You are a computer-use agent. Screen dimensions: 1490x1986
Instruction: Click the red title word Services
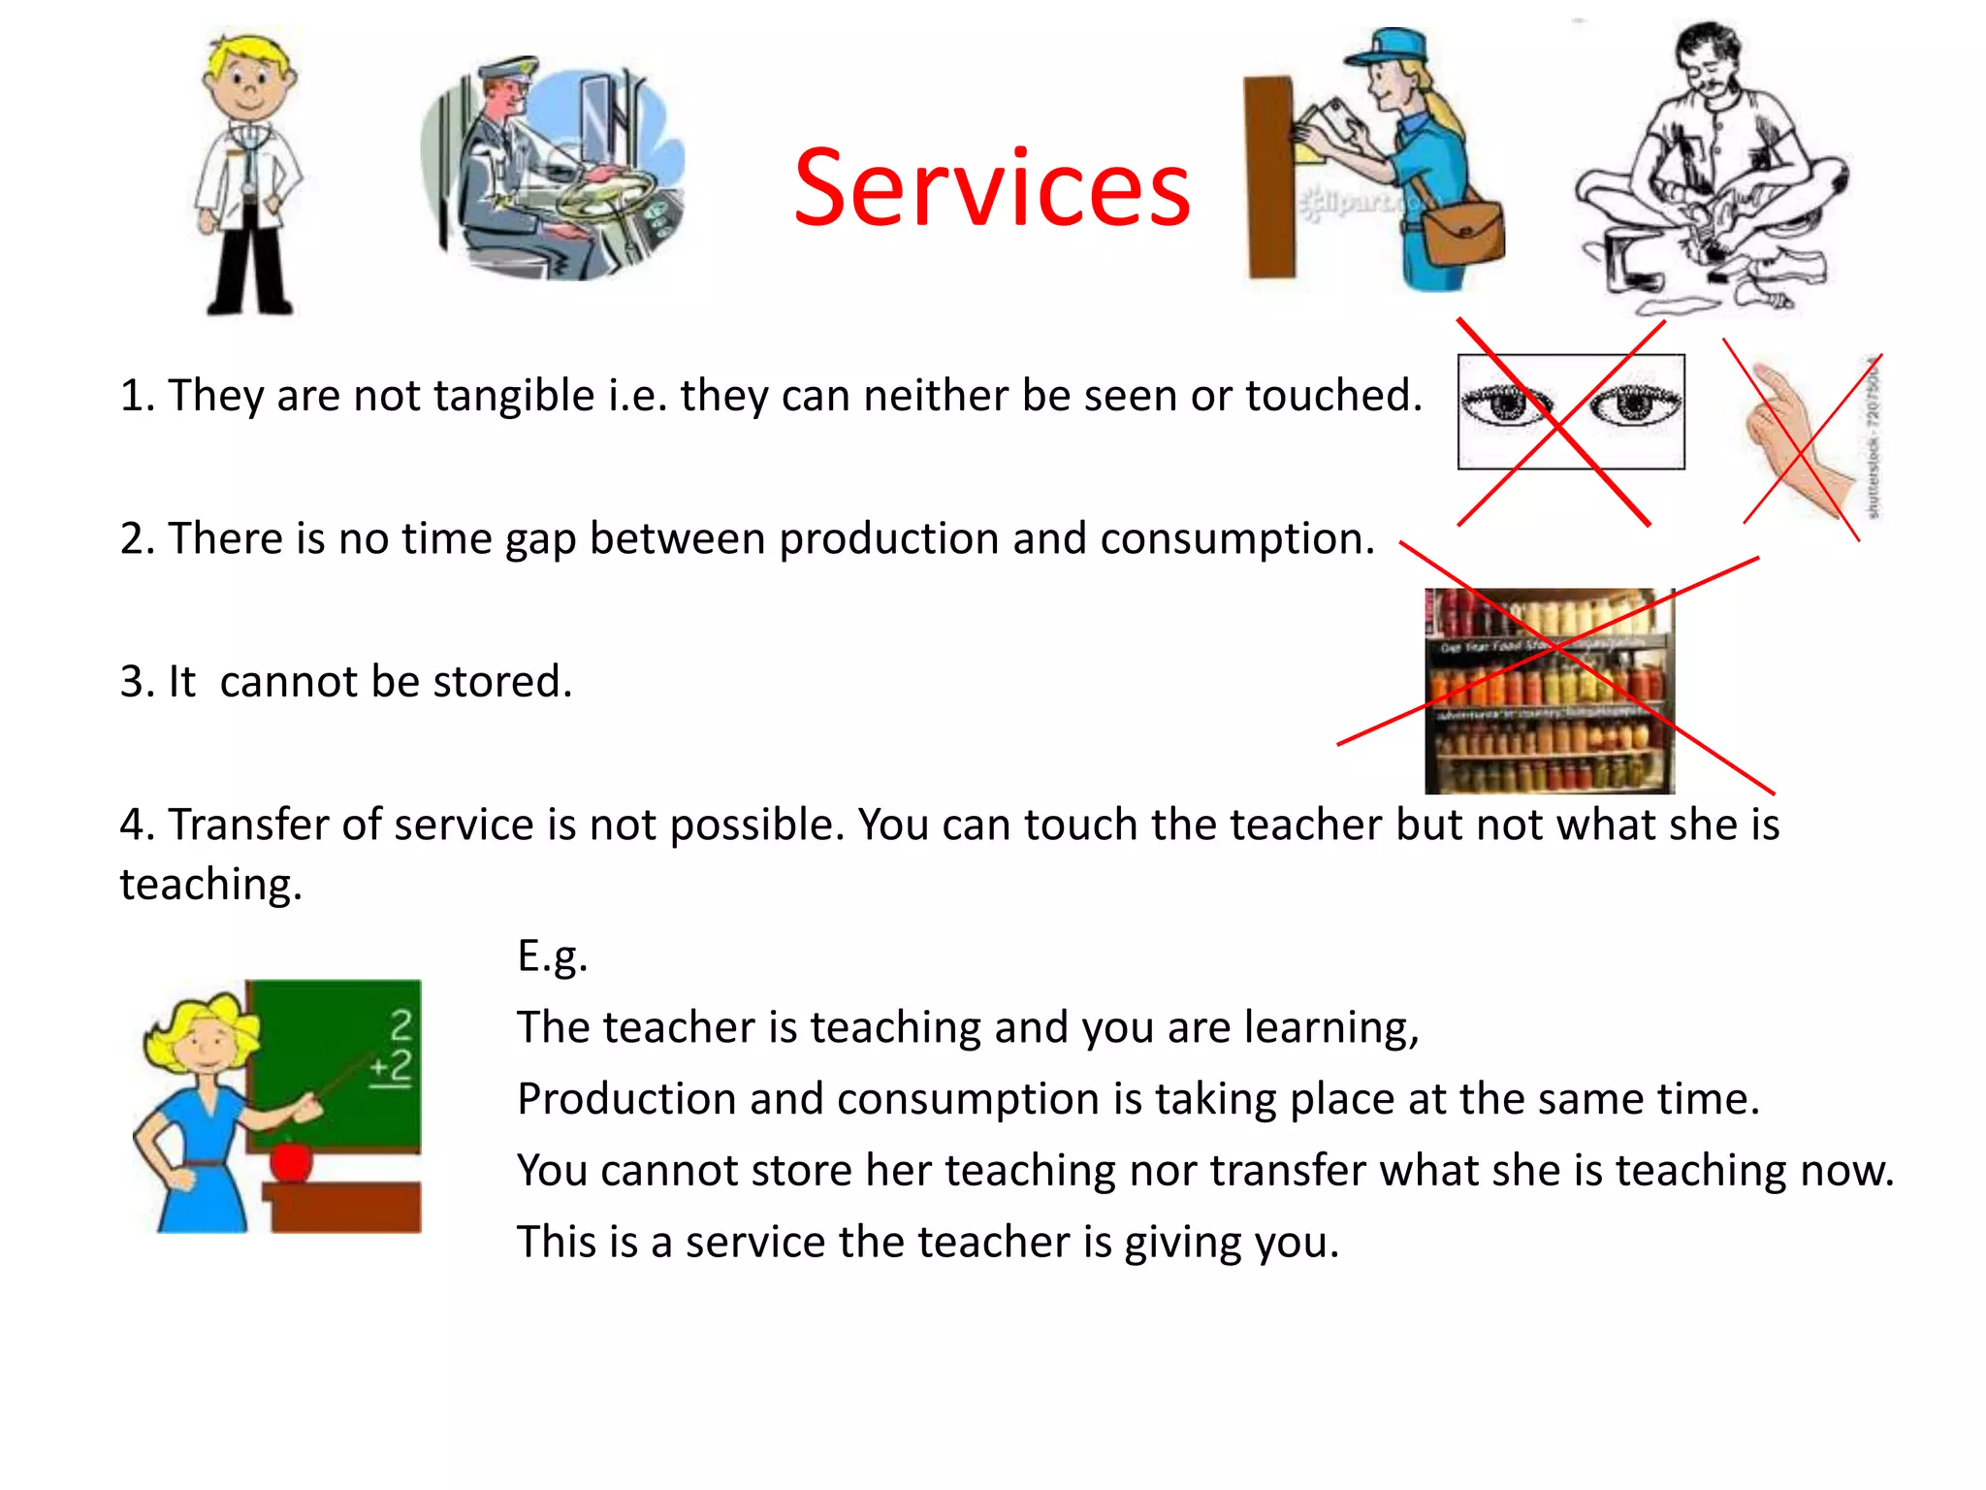coord(991,188)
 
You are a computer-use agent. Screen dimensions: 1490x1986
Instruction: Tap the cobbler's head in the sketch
coord(1709,58)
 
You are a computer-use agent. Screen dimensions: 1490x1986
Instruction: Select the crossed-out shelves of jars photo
coord(1549,691)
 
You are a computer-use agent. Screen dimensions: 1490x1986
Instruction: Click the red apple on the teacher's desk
coord(291,1159)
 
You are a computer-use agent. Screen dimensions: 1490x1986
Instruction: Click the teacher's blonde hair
coord(199,1019)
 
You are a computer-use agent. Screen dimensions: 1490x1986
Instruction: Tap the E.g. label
coord(552,956)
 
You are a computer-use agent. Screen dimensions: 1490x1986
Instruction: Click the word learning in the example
coord(1330,1027)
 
